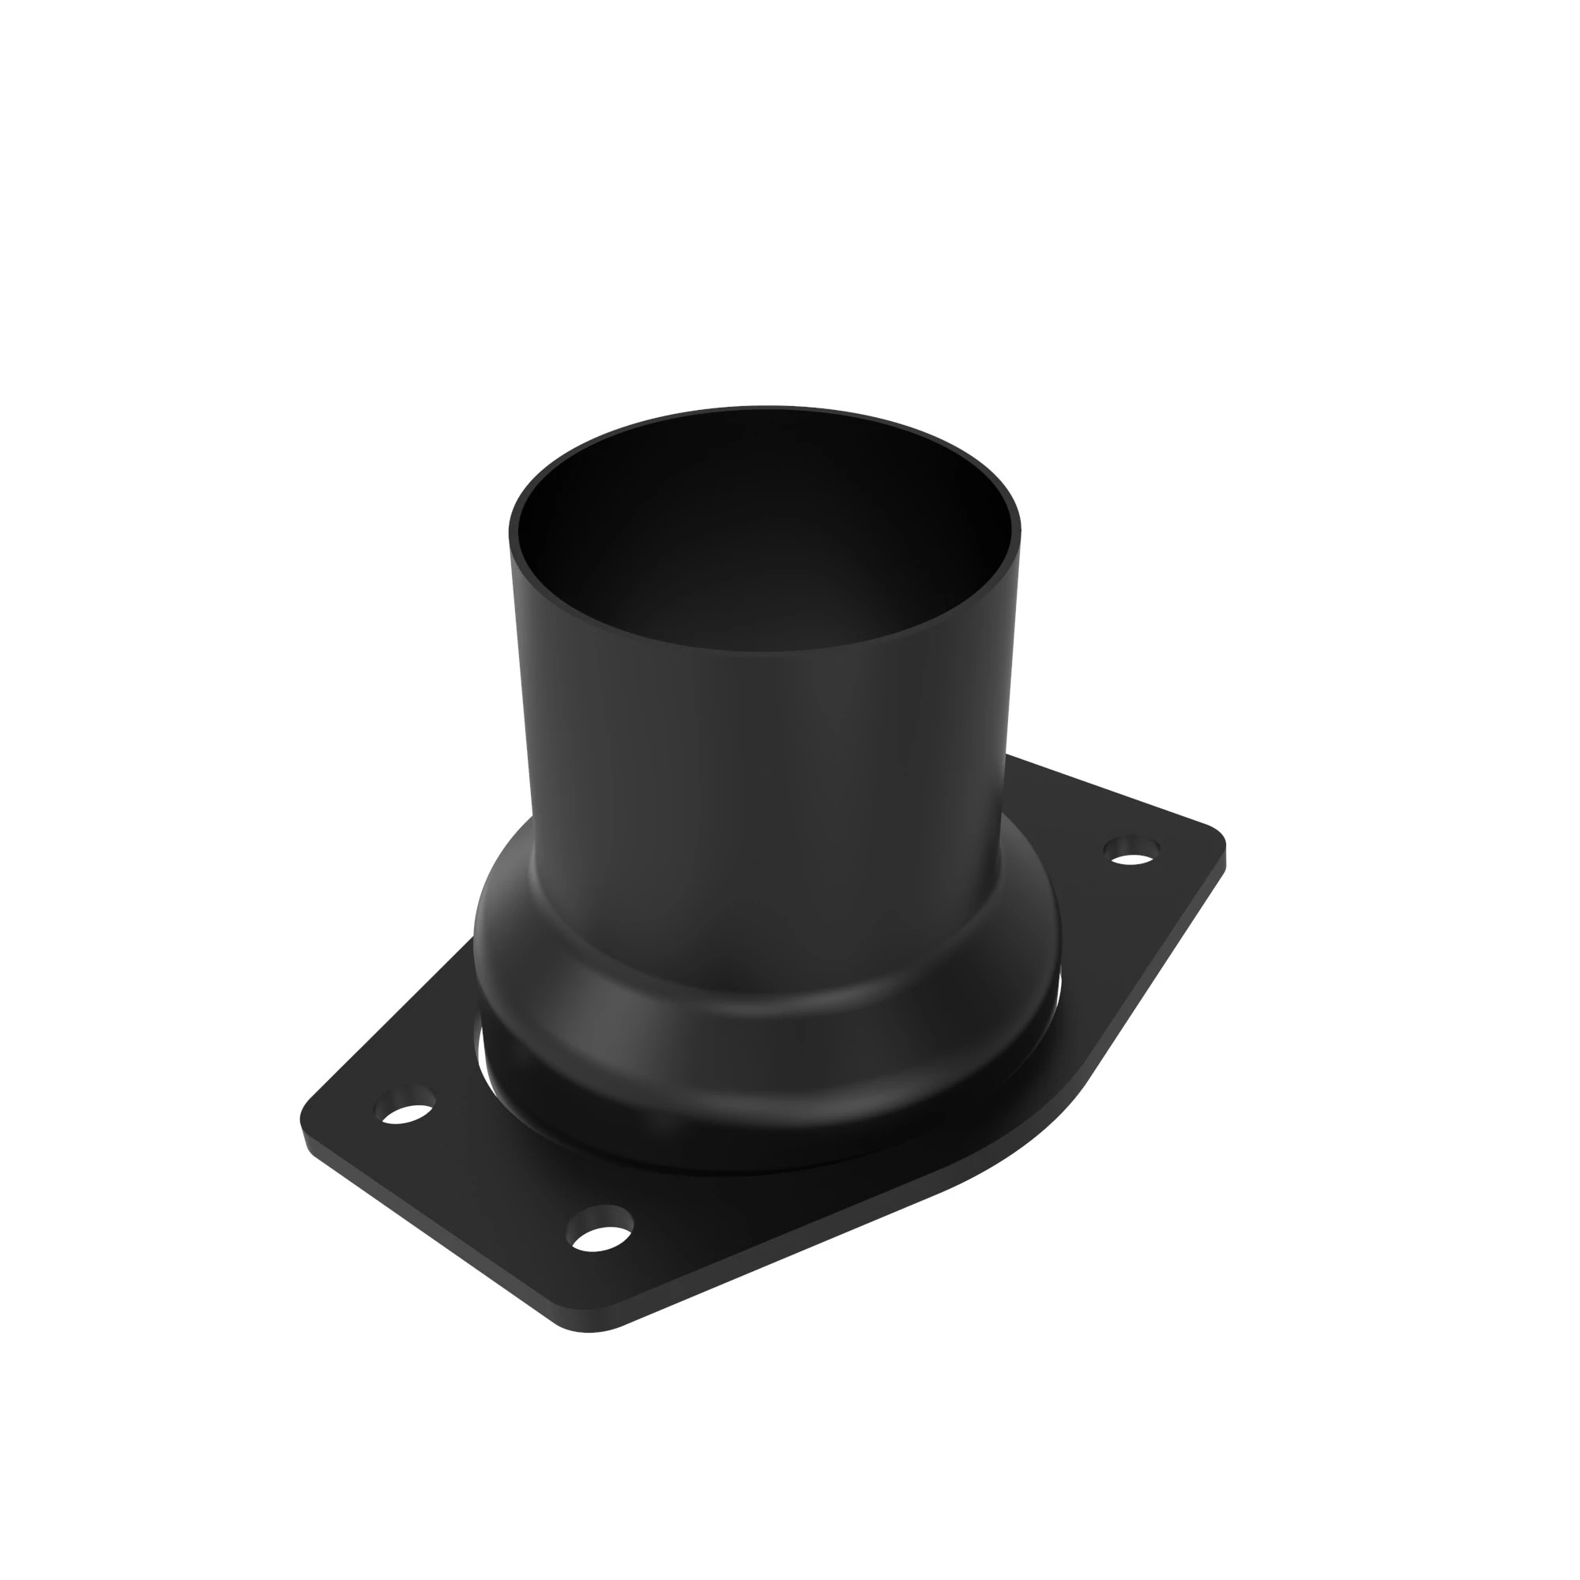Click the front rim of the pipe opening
pos(765,649)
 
